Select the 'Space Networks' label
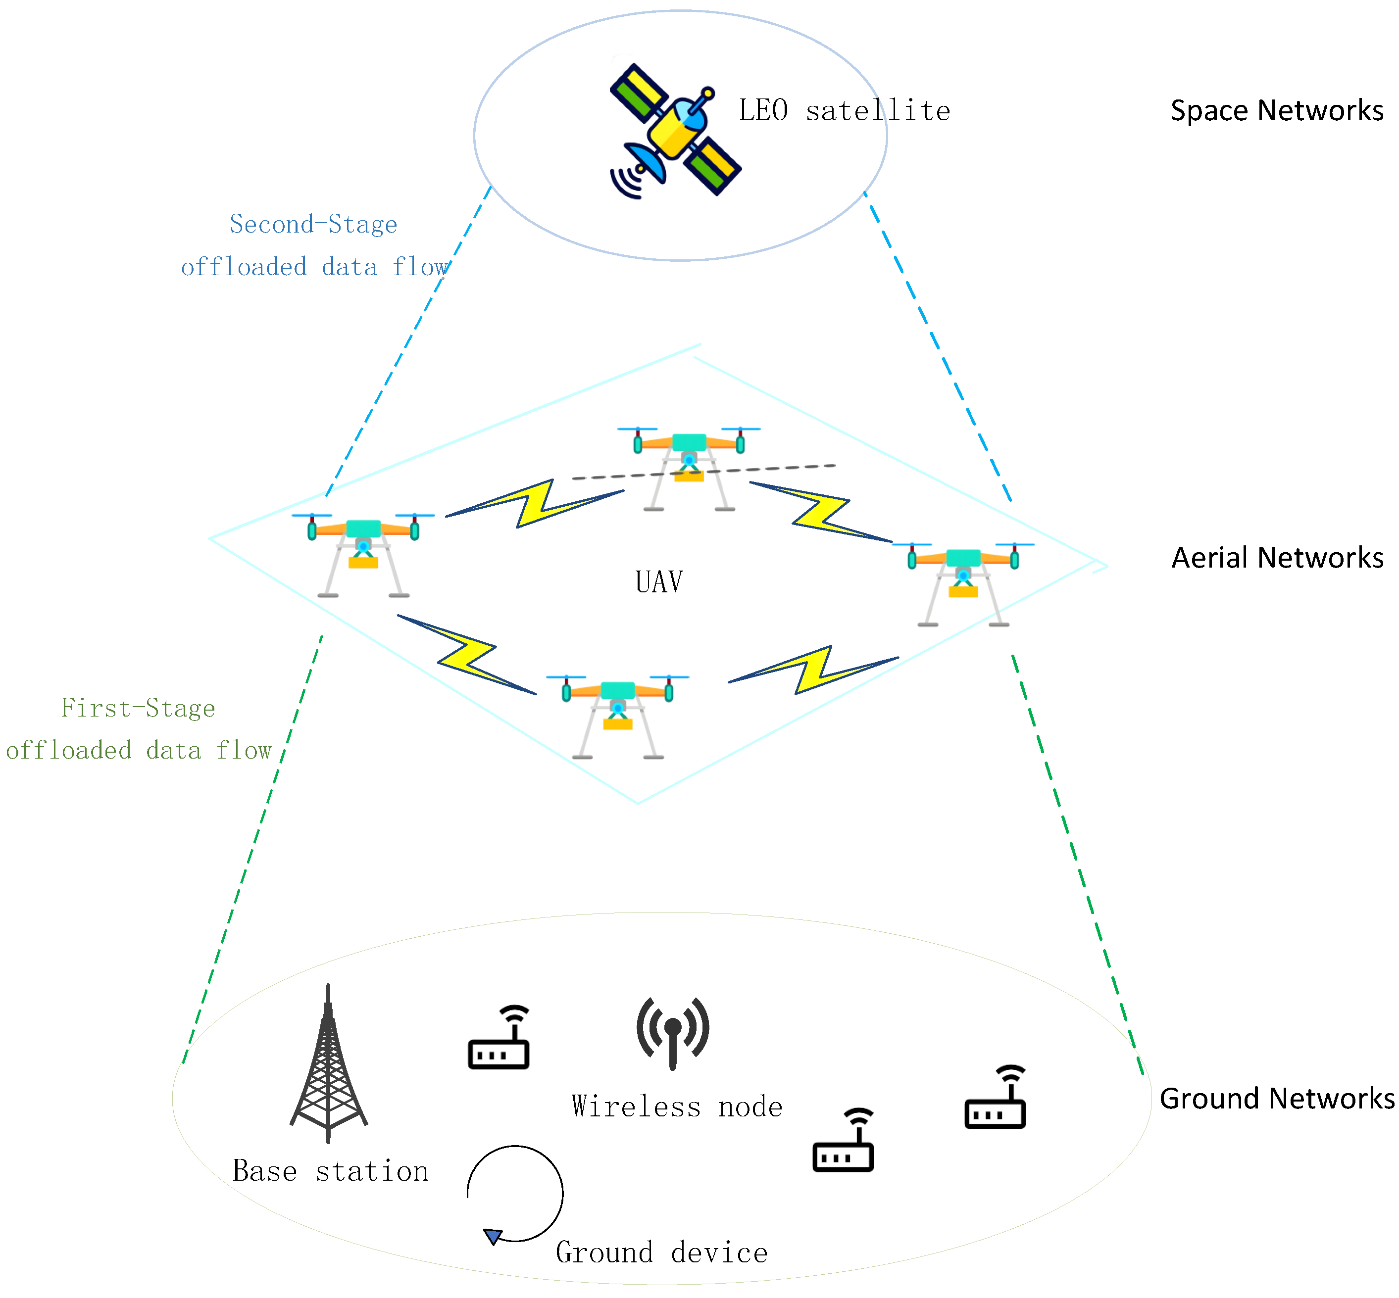click(1276, 110)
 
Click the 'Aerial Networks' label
click(1276, 557)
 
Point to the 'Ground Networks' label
click(1276, 1098)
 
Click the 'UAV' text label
click(658, 581)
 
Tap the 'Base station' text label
click(330, 1171)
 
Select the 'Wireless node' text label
click(676, 1106)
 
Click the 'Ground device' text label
click(661, 1252)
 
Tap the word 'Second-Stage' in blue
click(313, 224)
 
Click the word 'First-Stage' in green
click(138, 708)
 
